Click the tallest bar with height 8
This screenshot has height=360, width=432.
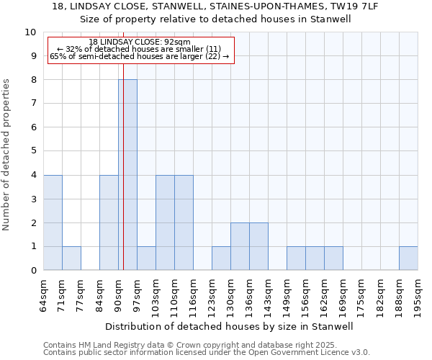(x=127, y=175)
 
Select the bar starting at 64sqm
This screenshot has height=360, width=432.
(x=53, y=222)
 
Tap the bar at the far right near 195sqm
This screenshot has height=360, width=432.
(x=408, y=258)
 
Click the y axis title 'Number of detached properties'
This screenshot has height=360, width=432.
(x=7, y=155)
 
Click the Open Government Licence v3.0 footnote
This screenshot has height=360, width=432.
(x=207, y=352)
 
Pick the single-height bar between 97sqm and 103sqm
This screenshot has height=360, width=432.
(x=146, y=258)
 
